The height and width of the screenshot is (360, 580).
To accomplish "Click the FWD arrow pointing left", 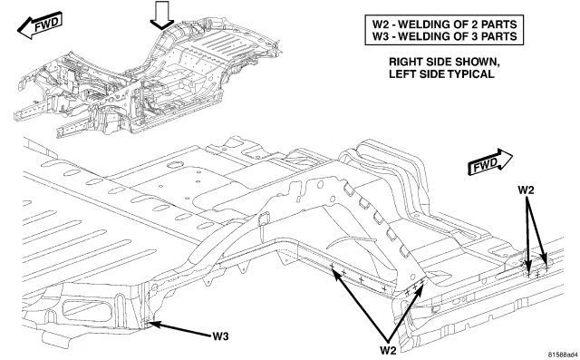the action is point(40,25).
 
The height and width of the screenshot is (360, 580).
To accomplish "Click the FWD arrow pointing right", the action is point(490,161).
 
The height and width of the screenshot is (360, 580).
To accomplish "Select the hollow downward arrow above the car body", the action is point(161,15).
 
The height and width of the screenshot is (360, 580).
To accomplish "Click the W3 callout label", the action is point(220,336).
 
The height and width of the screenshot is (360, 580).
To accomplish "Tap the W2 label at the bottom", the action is point(388,350).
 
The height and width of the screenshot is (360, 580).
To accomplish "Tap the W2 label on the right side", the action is point(526,190).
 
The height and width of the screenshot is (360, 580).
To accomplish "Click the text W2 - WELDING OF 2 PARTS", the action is point(444,24).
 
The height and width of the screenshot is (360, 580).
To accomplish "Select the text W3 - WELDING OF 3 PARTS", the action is point(444,36).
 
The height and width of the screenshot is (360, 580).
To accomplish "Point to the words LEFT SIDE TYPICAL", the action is point(441,74).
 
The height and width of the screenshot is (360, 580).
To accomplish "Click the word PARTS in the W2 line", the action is point(499,24).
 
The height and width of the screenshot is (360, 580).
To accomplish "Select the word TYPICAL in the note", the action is point(470,74).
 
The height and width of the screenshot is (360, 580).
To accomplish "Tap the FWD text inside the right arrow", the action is point(486,163).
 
